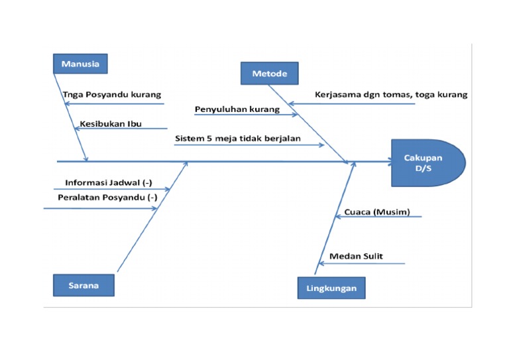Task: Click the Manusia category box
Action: point(80,64)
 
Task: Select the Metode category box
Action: point(269,73)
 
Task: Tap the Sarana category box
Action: point(84,285)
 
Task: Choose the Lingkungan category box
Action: point(331,288)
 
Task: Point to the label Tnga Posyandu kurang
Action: point(111,94)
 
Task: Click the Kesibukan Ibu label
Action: point(111,123)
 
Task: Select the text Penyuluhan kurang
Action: point(237,108)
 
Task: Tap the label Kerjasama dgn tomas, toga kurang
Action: point(391,94)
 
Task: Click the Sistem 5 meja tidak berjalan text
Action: point(238,139)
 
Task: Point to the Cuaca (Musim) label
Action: point(376,212)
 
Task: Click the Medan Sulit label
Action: point(356,256)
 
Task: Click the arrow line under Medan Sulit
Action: point(361,264)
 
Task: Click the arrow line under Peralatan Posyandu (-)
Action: point(99,209)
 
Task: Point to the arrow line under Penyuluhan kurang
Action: point(245,115)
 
